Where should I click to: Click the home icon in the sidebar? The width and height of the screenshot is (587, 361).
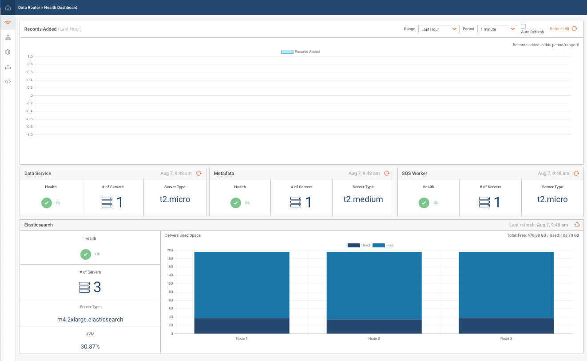coord(8,8)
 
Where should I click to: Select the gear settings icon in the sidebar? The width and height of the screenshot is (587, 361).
coord(8,52)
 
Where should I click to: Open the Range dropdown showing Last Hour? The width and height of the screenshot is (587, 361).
coord(439,29)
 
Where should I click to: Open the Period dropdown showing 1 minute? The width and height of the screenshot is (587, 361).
coord(497,29)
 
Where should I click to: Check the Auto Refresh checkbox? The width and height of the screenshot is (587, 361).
coord(523,27)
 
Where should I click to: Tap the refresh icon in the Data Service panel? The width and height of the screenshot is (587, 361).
coord(198,173)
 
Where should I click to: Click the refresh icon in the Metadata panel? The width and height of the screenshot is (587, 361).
coord(387,173)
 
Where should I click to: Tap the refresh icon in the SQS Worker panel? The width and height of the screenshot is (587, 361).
coord(576,173)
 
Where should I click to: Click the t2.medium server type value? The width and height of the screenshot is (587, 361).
coord(363,199)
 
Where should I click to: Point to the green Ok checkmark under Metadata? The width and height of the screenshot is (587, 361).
coord(236,203)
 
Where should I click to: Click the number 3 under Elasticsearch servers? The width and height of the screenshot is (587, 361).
coord(97,287)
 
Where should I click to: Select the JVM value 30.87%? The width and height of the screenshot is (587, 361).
coord(90,346)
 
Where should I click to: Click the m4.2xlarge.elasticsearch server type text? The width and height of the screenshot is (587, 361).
coord(90,319)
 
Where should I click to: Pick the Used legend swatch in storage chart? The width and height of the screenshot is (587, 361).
coord(353,245)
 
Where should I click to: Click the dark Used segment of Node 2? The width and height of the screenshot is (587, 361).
coord(374,326)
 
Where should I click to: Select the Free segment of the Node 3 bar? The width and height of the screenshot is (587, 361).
coord(506,284)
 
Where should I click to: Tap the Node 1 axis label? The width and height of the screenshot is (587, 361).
coord(242,338)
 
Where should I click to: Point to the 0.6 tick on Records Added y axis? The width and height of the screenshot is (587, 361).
coord(30,72)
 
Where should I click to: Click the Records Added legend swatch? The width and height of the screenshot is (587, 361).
coord(287,52)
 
